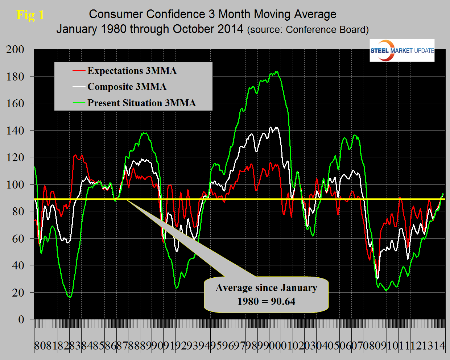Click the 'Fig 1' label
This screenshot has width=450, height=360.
30,15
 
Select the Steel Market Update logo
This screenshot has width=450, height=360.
402,50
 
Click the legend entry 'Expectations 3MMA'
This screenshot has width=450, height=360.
132,71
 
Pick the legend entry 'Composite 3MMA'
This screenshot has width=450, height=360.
127,87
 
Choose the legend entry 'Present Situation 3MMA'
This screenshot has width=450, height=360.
141,103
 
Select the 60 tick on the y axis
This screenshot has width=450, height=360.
18,239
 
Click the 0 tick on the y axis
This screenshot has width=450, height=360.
21,319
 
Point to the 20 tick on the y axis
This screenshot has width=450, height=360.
18,293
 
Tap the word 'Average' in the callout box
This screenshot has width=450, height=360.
234,288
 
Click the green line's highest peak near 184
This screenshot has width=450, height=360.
277,71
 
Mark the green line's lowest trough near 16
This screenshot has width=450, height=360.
70,297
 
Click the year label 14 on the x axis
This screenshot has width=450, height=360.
439,345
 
